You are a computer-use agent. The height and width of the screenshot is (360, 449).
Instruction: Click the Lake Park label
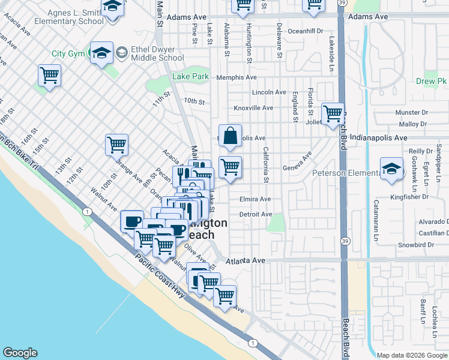tap(190, 76)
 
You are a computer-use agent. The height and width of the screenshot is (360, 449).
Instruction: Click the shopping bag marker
tap(230, 136)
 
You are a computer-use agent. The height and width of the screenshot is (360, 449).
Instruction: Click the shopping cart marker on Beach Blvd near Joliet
tap(333, 113)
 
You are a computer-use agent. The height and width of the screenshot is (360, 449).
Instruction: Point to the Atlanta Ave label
tap(246, 261)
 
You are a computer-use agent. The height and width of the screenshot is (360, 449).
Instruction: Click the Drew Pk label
tap(434, 81)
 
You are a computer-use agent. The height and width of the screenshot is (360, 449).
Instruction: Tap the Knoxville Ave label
tap(253, 108)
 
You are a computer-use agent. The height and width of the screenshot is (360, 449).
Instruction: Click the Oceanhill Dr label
tap(306, 31)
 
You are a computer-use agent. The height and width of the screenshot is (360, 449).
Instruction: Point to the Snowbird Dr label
tap(415, 245)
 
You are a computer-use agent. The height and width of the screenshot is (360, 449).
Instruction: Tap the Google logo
tap(20, 353)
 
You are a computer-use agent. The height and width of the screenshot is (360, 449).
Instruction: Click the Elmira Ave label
tap(255, 199)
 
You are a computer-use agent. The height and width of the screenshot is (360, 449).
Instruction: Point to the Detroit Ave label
tap(255, 214)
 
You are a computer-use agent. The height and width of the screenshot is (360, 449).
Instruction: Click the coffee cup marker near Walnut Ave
tap(131, 220)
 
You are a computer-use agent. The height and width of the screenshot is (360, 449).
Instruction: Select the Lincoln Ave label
tap(269, 92)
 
